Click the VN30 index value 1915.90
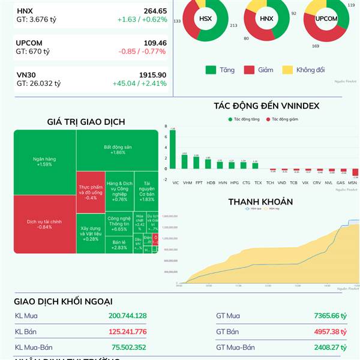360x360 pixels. coord(152,74)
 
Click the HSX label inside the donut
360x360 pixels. coord(205,19)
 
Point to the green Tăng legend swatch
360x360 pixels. coord(210,70)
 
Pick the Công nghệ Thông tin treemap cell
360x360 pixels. coord(119,224)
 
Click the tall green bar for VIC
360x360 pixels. coord(173,148)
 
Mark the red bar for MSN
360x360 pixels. coord(355,173)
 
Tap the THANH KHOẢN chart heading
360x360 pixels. coord(260,202)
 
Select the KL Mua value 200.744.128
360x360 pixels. coord(127,316)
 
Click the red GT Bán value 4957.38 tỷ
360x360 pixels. coord(330,331)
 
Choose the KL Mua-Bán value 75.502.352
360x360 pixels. coord(128,347)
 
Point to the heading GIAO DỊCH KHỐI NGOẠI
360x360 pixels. coord(63,301)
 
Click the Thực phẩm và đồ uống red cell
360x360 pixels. coord(91,192)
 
